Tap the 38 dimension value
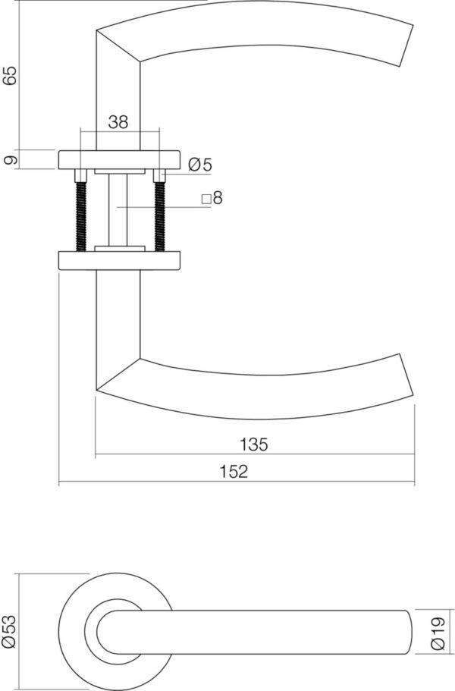pyautogui.click(x=118, y=121)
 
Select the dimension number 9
pyautogui.click(x=12, y=159)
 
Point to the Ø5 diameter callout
pyautogui.click(x=200, y=165)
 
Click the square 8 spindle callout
pyautogui.click(x=212, y=198)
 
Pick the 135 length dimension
pyautogui.click(x=254, y=444)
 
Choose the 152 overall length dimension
pyautogui.click(x=234, y=472)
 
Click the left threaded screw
pyautogui.click(x=81, y=211)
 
